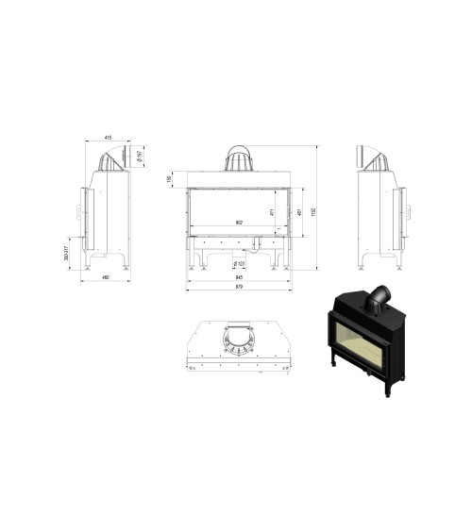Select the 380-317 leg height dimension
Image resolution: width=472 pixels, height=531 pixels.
(x=69, y=253)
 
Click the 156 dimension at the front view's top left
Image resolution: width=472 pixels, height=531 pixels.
(x=170, y=179)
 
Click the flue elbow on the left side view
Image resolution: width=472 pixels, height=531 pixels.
(x=114, y=157)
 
